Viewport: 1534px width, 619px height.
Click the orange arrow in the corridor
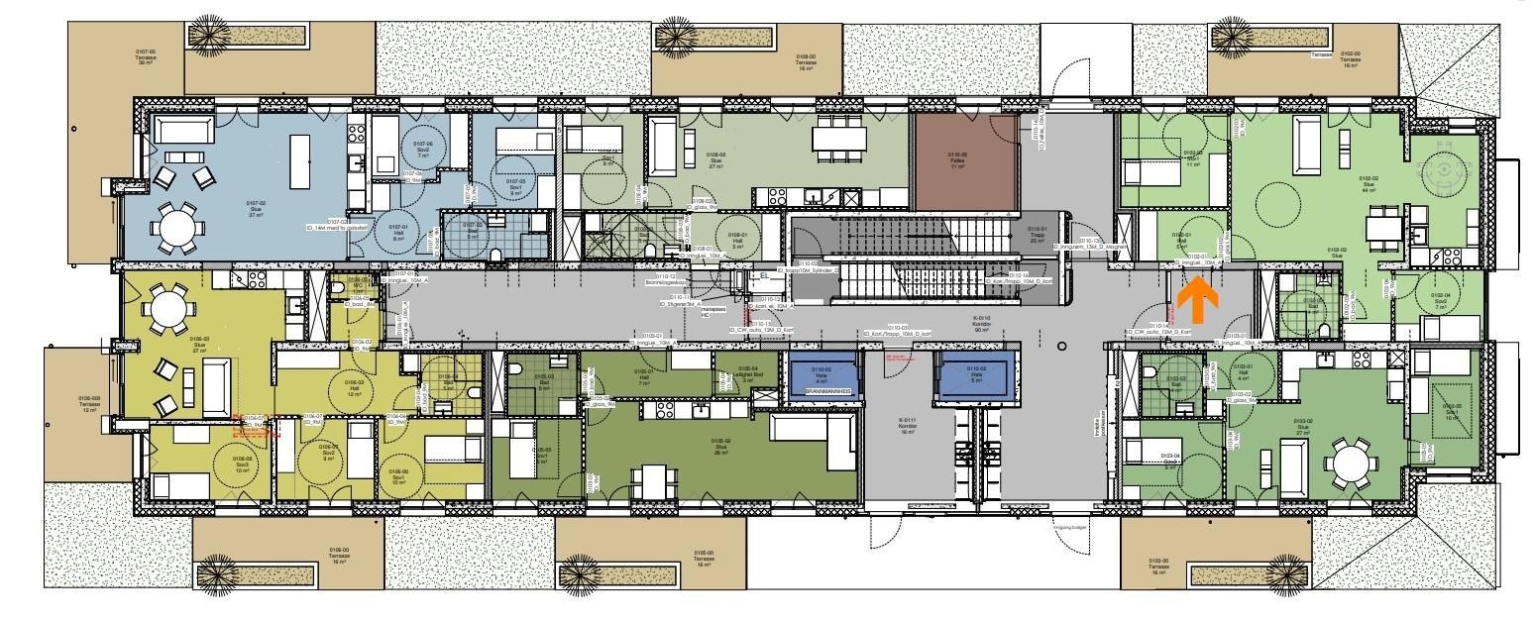tap(1196, 301)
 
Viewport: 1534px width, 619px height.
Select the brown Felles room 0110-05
tap(965, 162)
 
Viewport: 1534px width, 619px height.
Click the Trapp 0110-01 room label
tap(1038, 234)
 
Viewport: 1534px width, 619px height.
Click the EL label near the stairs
tap(765, 276)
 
